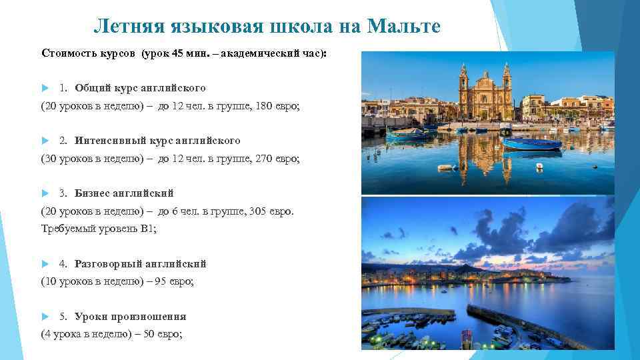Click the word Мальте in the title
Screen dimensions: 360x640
point(404,27)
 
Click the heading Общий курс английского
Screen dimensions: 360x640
point(140,88)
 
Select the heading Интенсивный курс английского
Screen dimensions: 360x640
point(157,141)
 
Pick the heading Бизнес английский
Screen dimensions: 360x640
point(124,193)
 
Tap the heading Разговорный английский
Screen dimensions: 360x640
point(140,264)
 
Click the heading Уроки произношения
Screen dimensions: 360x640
point(130,317)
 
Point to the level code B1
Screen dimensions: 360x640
point(147,229)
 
